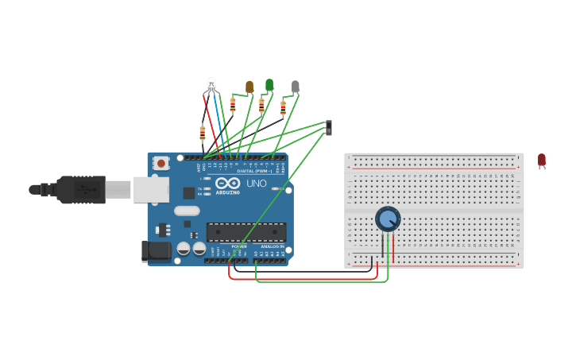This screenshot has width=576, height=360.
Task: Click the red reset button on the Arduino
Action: click(x=161, y=163)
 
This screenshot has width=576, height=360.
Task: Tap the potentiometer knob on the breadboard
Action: click(x=388, y=219)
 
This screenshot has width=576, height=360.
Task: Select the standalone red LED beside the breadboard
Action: click(x=542, y=161)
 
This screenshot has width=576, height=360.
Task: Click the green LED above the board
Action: click(x=269, y=84)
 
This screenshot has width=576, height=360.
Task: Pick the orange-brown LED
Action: click(x=249, y=86)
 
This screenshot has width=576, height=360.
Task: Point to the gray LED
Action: click(x=296, y=87)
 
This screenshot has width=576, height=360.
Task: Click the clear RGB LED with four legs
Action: click(x=211, y=84)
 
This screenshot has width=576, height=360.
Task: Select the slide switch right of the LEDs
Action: click(x=329, y=126)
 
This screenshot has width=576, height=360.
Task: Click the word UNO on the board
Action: click(x=257, y=184)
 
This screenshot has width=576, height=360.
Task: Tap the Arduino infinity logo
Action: click(x=227, y=183)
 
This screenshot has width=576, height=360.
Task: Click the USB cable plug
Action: click(x=79, y=190)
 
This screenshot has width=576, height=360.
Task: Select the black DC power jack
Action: click(x=156, y=251)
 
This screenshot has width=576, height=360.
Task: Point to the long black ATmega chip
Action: click(x=246, y=231)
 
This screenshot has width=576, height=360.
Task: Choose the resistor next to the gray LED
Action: click(x=283, y=107)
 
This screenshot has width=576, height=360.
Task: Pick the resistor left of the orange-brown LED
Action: click(x=233, y=104)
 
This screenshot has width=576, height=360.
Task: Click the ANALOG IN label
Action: click(x=270, y=247)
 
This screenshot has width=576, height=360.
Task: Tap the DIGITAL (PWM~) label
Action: click(x=254, y=171)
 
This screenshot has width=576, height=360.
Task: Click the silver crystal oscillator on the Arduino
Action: click(x=187, y=211)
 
